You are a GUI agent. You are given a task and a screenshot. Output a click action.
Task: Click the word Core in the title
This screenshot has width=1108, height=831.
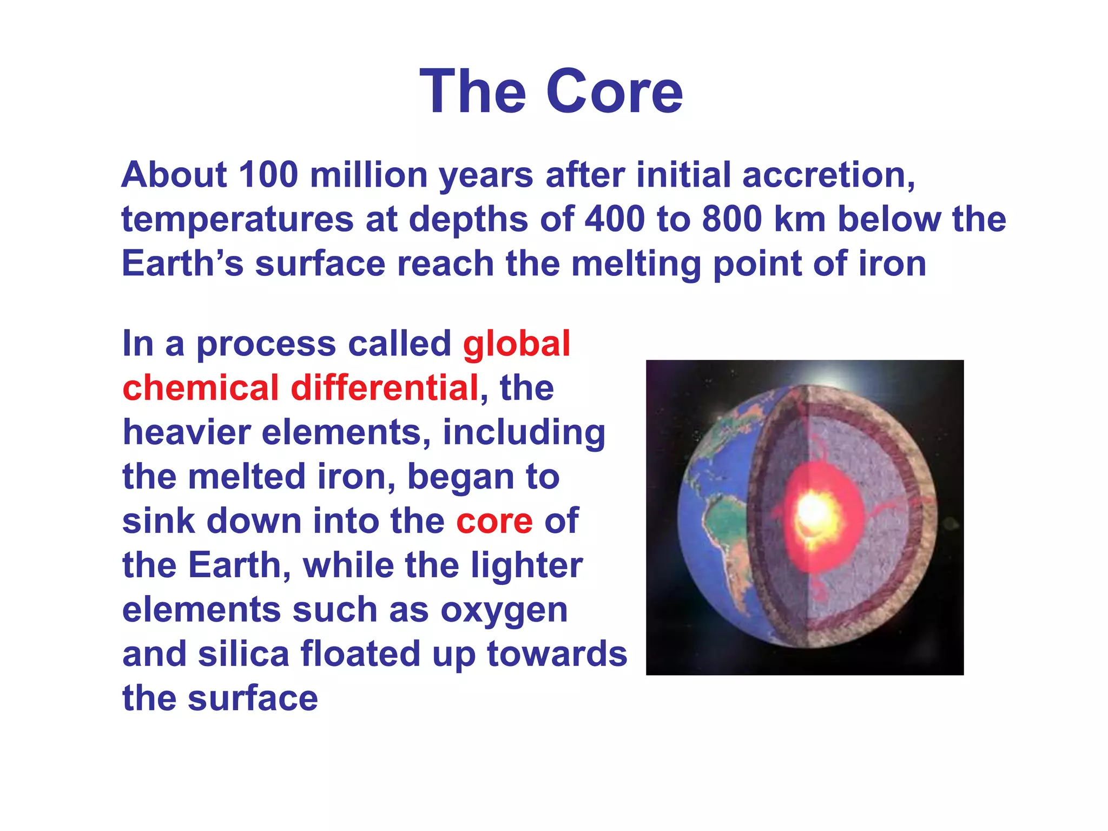click(615, 92)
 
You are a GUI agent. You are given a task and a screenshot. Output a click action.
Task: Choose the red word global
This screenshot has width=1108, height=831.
click(516, 344)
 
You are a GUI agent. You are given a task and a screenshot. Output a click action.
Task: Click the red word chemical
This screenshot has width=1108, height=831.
click(200, 388)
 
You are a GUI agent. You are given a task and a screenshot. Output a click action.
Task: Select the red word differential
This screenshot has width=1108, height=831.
click(385, 388)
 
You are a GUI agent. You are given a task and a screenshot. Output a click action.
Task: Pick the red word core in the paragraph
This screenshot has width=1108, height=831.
click(494, 521)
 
